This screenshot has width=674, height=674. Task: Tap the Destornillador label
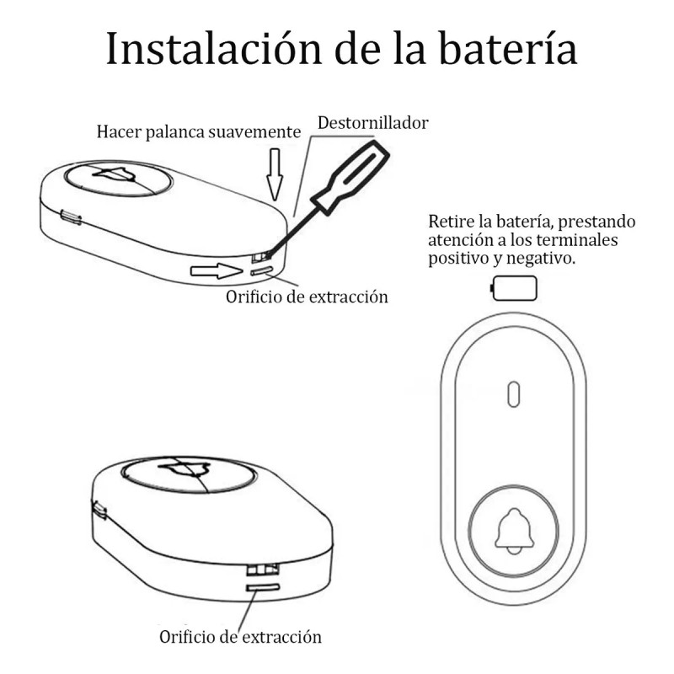373,123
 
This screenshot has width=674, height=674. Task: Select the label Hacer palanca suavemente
198,132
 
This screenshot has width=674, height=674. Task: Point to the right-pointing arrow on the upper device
217,271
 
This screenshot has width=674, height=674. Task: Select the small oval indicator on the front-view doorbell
512,393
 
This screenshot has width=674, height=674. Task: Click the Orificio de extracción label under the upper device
307,297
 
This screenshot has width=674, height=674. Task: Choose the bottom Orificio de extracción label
240,636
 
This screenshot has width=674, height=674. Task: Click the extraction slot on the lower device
263,586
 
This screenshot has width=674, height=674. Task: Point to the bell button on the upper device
118,179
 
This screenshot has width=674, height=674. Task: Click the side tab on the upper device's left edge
71,219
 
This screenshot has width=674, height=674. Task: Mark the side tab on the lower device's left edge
99,510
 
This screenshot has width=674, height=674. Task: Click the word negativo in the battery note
543,259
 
